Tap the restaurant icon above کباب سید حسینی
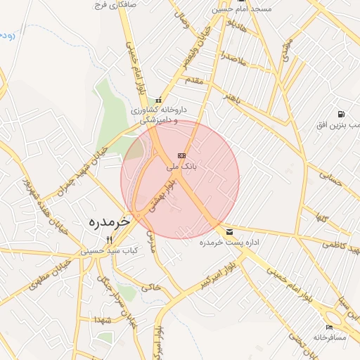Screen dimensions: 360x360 pos(108,240)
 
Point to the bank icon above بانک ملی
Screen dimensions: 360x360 pos(182,155)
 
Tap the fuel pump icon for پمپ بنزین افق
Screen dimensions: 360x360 pos(340,114)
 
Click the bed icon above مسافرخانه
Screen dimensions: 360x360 pos(330,327)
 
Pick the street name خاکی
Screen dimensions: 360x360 pos(151,287)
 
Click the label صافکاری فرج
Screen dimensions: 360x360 pos(117,5)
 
